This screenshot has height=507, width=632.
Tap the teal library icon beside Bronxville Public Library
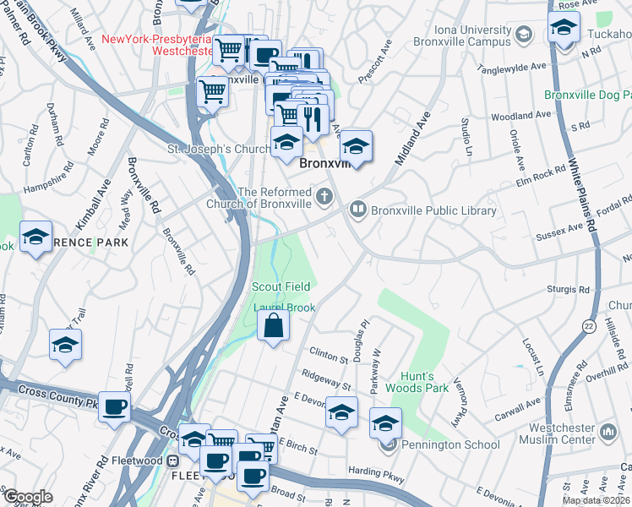[358, 209]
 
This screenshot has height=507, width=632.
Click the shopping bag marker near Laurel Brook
[274, 325]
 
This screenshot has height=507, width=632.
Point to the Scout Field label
[281, 287]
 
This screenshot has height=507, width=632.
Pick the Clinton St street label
[329, 354]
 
